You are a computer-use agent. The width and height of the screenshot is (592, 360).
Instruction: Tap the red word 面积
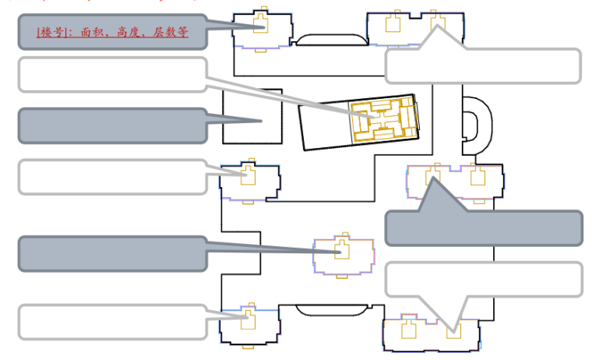[90, 33]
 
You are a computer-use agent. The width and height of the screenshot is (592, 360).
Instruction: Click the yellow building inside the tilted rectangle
[382, 119]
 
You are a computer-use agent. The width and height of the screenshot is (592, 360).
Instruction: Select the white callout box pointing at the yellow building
[112, 74]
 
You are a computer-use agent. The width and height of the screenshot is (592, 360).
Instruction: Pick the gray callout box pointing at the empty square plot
[112, 125]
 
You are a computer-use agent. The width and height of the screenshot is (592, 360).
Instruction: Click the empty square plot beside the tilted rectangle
[252, 115]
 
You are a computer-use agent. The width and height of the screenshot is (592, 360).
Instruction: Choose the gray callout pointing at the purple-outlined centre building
[112, 253]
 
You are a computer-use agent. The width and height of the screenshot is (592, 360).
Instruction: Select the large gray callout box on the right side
[484, 228]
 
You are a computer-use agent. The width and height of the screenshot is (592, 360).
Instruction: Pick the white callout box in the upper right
[483, 66]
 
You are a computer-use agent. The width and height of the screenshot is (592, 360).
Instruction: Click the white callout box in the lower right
[484, 279]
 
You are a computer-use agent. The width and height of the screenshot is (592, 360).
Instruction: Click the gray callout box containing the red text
[112, 32]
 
